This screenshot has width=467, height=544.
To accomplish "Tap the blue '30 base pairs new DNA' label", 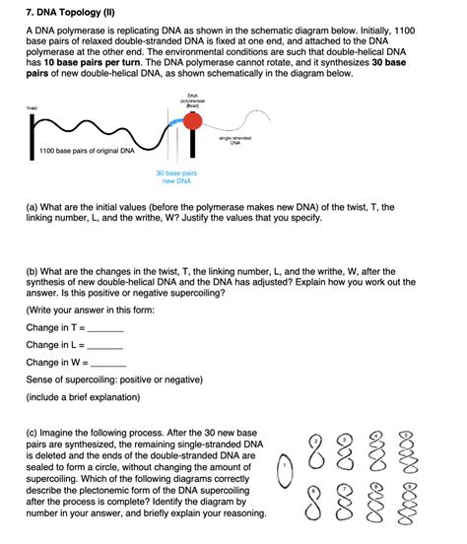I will click(x=176, y=176).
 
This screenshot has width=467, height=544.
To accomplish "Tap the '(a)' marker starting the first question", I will click(x=33, y=207).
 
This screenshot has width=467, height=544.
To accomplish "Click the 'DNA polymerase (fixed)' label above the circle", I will click(x=193, y=100).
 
